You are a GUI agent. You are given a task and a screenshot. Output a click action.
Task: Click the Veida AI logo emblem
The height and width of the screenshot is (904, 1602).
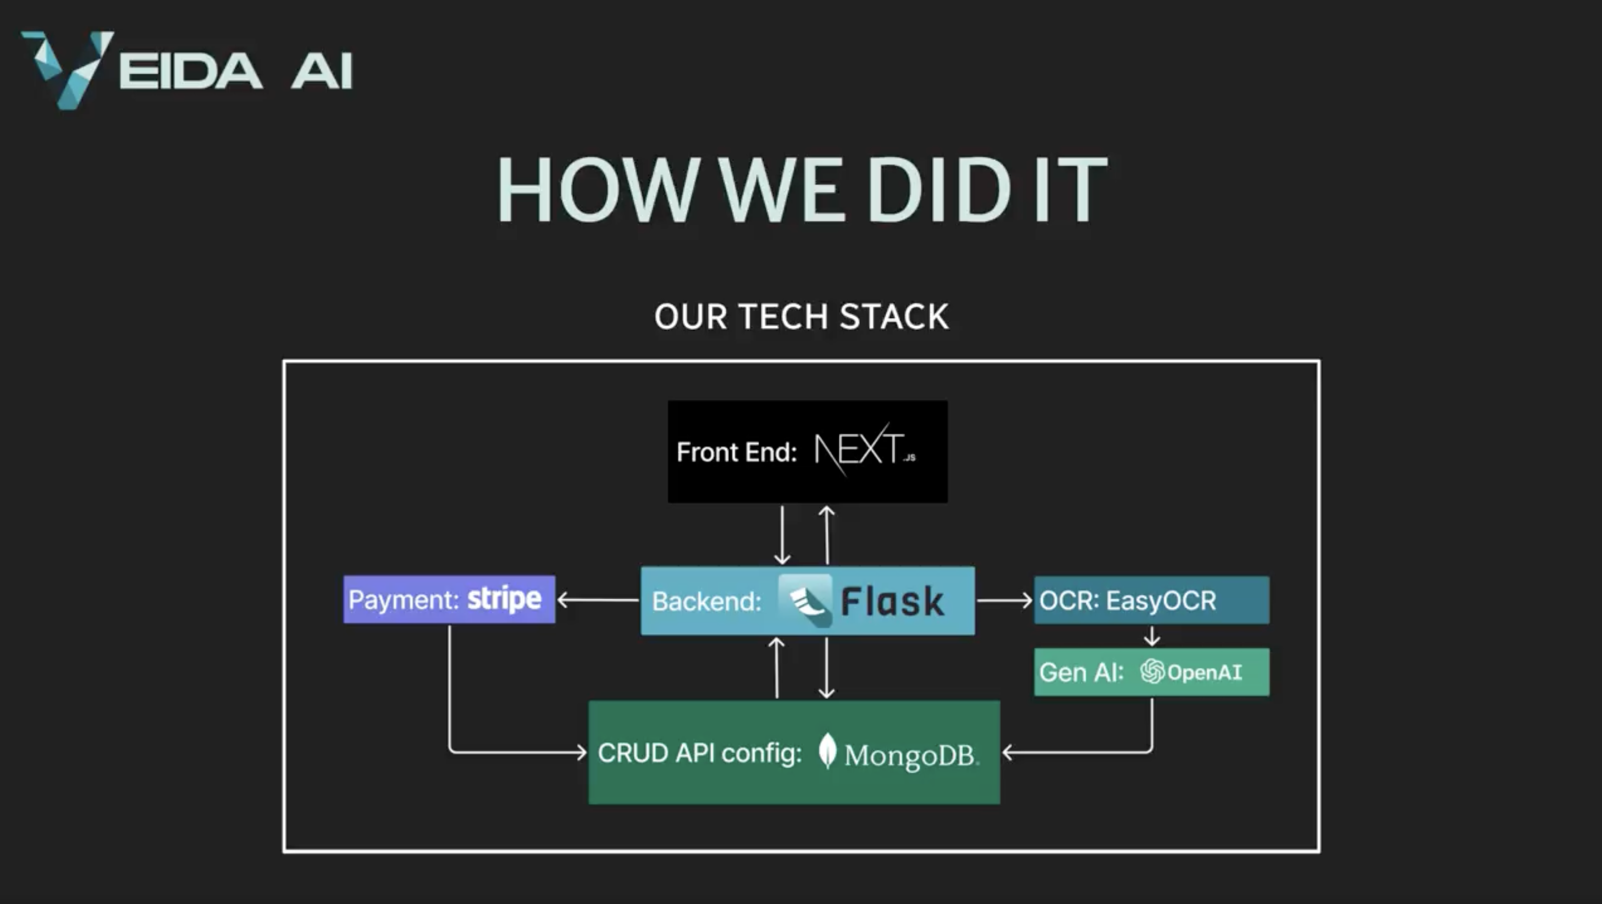tap(67, 68)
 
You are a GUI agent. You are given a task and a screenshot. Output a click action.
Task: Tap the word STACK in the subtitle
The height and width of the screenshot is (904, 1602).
tap(894, 317)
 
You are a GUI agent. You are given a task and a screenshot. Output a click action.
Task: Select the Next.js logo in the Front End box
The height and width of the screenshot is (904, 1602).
tap(864, 450)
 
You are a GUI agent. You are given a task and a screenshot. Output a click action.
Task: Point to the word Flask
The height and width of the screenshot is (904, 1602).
tap(892, 602)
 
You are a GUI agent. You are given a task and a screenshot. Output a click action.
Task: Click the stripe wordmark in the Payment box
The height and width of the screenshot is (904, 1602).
tap(504, 599)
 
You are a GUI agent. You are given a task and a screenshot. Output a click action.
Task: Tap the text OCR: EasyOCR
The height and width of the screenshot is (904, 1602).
tap(1128, 600)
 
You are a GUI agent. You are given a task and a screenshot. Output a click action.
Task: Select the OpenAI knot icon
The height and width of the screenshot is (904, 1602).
tap(1152, 672)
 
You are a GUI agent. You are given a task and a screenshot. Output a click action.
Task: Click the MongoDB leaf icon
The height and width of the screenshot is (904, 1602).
tap(827, 751)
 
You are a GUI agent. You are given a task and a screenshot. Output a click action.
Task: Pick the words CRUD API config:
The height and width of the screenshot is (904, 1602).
tap(700, 753)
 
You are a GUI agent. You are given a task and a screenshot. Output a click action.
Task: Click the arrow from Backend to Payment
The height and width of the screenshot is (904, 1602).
tap(598, 600)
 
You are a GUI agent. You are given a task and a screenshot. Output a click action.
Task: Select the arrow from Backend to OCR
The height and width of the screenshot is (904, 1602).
tap(1004, 600)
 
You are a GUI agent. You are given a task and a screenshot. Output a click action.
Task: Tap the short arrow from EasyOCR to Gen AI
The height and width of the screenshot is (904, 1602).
tap(1152, 636)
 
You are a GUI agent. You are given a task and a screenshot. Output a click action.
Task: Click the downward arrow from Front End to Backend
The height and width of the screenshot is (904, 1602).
tap(782, 535)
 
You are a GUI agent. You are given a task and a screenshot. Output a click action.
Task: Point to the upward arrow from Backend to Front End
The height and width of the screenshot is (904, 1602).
tap(826, 535)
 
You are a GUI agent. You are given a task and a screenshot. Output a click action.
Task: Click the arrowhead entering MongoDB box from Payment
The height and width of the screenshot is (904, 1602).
tap(581, 753)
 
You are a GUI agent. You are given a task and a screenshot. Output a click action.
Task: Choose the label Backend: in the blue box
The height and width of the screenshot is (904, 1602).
tap(706, 602)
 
